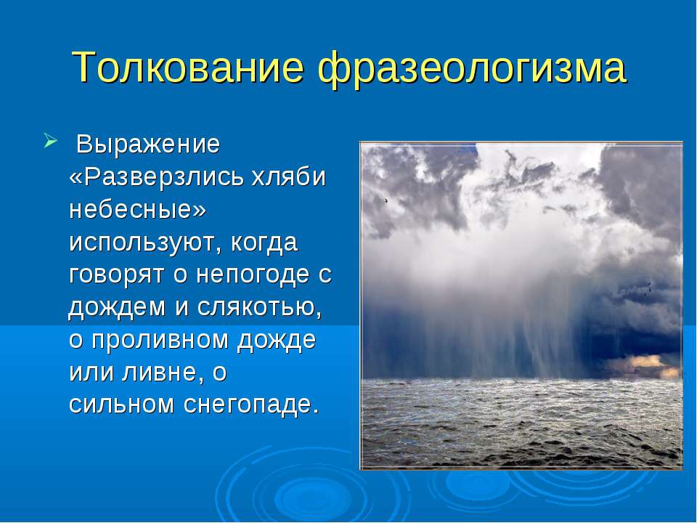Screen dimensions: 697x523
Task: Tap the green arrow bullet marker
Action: (x=51, y=142)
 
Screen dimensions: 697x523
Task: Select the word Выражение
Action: (x=148, y=145)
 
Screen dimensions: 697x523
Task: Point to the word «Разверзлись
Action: (x=157, y=177)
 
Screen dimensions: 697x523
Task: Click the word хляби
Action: (x=289, y=177)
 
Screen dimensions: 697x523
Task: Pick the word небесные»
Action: (x=138, y=209)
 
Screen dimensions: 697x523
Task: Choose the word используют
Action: (x=145, y=243)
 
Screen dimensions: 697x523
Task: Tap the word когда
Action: (x=264, y=243)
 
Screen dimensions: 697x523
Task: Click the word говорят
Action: (x=116, y=275)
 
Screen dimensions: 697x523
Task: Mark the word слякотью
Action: (x=259, y=307)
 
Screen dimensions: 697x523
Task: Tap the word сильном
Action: (x=121, y=404)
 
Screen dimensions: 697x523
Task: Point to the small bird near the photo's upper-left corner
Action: (x=386, y=200)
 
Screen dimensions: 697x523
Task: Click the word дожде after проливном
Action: (x=277, y=340)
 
